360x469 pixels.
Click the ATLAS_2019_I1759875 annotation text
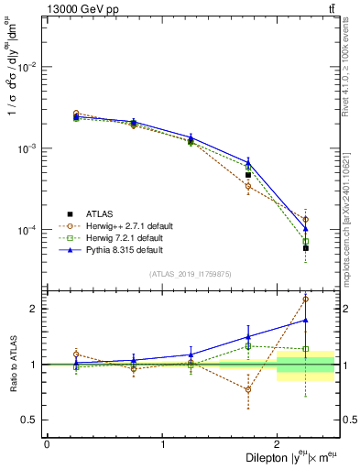[x=191, y=273]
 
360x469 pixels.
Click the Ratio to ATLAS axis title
[x=13, y=366]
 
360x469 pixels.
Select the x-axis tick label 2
[x=278, y=444]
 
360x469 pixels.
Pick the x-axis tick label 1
[x=162, y=444]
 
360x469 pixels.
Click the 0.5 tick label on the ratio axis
[x=29, y=420]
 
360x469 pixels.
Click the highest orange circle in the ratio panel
[x=306, y=299]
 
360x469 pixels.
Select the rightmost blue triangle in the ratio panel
[x=306, y=320]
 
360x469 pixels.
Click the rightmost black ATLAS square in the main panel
[x=306, y=248]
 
